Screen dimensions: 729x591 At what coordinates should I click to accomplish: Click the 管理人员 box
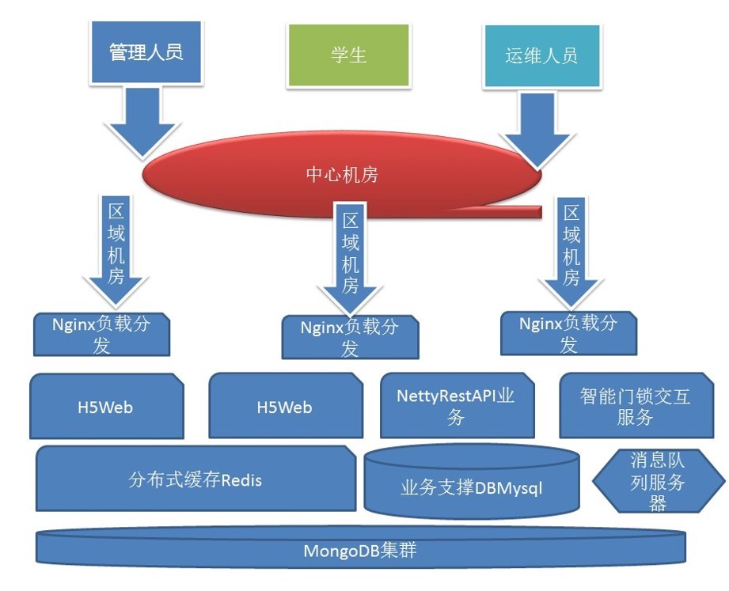(146, 52)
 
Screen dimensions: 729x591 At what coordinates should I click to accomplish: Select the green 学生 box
(349, 55)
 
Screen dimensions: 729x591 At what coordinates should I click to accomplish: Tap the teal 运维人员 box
(541, 55)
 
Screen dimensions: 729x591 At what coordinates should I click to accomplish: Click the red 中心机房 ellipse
(342, 175)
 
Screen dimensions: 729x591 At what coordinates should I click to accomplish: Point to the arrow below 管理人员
(142, 122)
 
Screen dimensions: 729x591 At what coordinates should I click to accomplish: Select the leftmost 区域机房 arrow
(116, 250)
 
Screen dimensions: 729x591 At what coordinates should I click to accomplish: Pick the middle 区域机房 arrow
(350, 258)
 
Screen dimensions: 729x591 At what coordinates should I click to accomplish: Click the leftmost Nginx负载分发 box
(102, 335)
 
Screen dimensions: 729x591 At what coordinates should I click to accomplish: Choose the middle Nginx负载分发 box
(350, 337)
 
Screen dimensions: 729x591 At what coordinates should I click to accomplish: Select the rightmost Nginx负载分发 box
(568, 334)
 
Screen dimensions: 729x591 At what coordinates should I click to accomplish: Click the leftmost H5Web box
(107, 406)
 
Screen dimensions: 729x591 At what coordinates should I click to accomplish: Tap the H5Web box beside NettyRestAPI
(286, 406)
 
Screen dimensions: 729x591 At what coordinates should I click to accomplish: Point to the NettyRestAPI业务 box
(457, 406)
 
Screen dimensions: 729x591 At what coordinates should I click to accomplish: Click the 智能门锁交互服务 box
(636, 406)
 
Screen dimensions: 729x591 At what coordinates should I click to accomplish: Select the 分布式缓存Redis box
(196, 479)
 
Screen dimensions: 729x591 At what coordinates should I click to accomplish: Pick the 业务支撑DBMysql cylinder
(472, 483)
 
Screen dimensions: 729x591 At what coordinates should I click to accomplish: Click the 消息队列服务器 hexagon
(659, 481)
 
